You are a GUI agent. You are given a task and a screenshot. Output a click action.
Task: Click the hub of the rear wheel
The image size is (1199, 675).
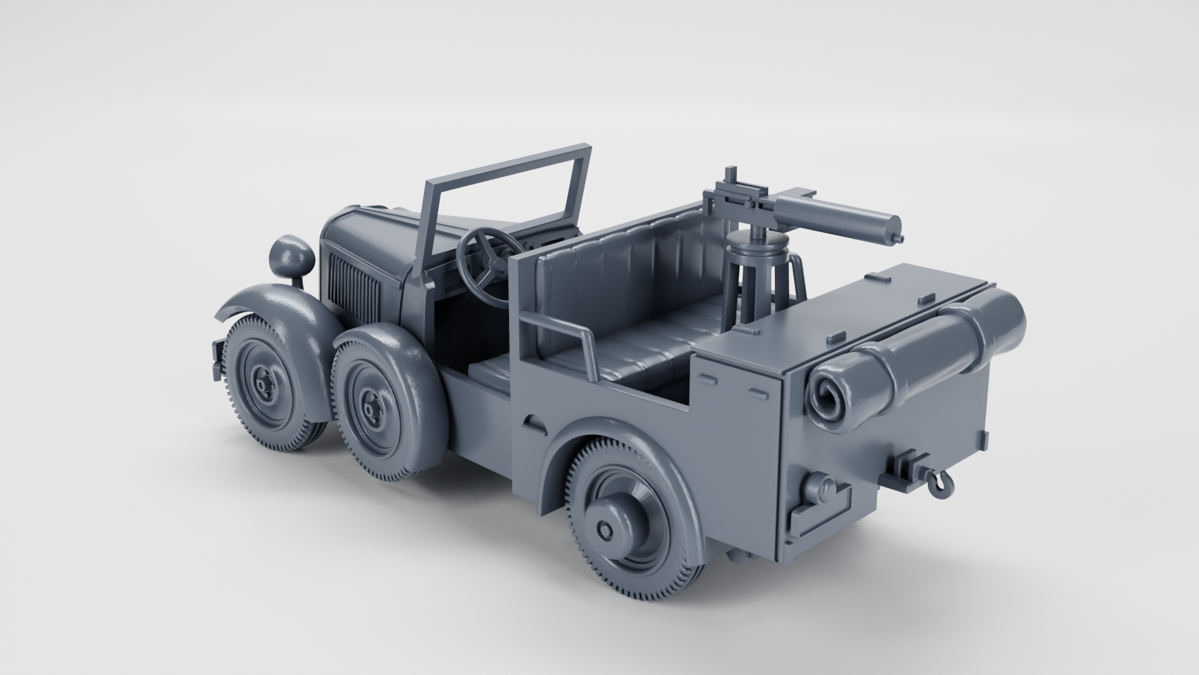[x=606, y=528]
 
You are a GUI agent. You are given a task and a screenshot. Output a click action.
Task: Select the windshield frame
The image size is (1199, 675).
[x=506, y=169]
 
